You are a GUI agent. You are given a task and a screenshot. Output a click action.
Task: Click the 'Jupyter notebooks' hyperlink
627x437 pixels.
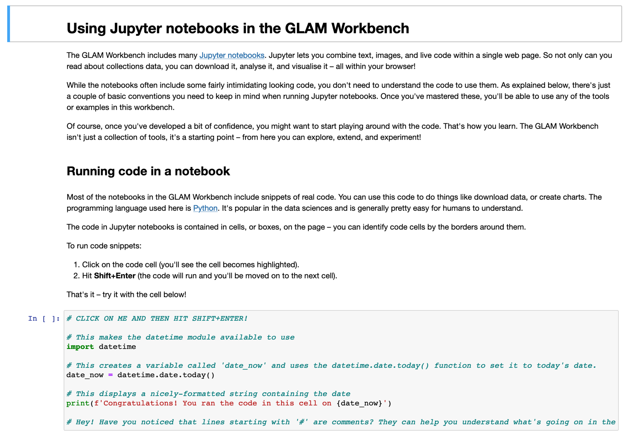click(232, 55)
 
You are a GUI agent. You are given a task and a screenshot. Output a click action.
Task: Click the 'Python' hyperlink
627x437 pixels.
click(205, 208)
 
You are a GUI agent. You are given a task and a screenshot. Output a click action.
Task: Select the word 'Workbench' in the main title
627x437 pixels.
click(370, 28)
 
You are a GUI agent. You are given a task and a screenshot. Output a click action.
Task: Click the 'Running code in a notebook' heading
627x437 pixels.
click(148, 171)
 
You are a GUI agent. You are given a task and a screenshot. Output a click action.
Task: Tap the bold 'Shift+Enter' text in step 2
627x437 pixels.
click(115, 276)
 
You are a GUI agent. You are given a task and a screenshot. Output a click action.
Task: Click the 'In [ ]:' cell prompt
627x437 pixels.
click(44, 319)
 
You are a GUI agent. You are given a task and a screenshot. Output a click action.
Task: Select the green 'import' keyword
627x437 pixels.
click(80, 347)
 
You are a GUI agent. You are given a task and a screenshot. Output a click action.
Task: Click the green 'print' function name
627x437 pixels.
click(78, 403)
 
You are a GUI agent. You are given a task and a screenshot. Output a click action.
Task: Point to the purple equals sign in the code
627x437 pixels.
click(110, 375)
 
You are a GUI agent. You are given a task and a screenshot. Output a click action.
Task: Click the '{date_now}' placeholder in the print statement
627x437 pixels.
click(359, 403)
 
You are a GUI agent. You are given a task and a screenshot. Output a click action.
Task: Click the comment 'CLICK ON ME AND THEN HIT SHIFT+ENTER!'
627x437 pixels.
click(161, 319)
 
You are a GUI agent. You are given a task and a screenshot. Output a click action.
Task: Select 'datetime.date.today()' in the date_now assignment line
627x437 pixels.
click(166, 375)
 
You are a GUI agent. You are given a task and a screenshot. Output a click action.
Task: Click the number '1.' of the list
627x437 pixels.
click(76, 265)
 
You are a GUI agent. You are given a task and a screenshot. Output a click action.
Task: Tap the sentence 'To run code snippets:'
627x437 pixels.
click(104, 246)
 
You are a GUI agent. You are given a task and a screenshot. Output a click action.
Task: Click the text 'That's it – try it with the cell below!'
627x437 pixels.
click(126, 295)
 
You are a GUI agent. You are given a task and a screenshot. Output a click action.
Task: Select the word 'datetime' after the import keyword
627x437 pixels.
click(117, 347)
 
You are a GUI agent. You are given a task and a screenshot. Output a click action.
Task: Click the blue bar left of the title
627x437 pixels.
click(9, 24)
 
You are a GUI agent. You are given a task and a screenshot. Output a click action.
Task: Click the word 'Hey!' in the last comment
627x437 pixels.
click(85, 422)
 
